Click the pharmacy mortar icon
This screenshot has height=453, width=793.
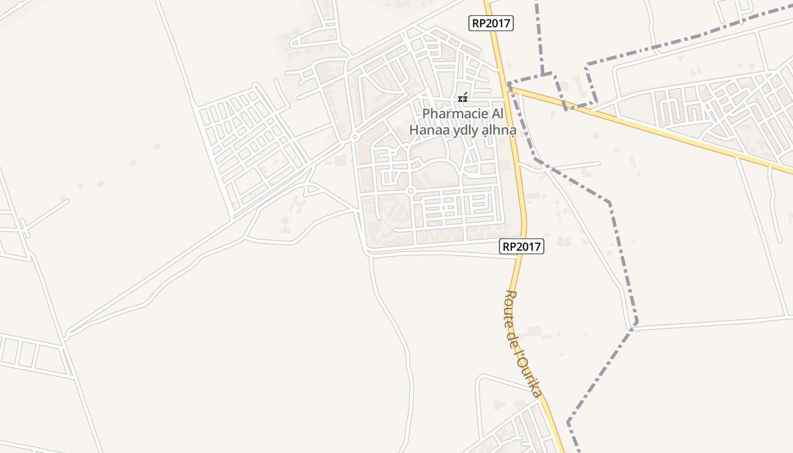click(463, 98)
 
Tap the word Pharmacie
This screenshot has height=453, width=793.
click(454, 114)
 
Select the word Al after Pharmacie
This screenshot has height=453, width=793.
click(496, 114)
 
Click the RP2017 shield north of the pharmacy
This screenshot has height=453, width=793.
click(491, 23)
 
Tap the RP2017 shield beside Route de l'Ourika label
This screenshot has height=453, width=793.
click(522, 246)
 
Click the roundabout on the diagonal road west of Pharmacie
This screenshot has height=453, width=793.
click(355, 136)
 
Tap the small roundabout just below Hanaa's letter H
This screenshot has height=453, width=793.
click(407, 147)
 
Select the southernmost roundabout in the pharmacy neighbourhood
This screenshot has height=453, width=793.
click(411, 191)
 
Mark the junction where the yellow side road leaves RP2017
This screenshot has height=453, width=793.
click(509, 86)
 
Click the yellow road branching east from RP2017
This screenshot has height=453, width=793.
click(651, 129)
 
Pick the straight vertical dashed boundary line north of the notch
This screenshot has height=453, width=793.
click(538, 34)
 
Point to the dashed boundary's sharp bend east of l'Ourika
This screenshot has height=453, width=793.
click(636, 323)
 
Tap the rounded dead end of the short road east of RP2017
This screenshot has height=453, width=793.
click(598, 164)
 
